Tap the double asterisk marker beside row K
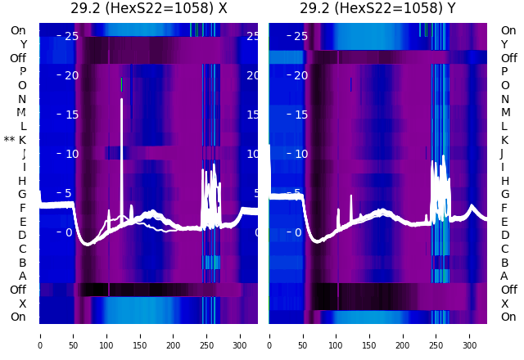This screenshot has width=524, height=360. click(9, 140)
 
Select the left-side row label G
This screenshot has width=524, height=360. click(22, 194)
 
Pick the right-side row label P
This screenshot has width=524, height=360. click(504, 71)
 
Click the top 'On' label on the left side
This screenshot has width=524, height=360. click(18, 30)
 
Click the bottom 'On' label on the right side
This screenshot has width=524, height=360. click(508, 317)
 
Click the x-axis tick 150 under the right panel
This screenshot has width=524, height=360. click(370, 335)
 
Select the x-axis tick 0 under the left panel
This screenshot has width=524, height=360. click(39, 335)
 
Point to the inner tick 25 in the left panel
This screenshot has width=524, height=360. click(70, 36)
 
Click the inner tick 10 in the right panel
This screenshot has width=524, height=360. click(300, 153)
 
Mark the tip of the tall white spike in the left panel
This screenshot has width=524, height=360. click(122, 99)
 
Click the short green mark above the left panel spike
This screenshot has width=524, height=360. click(121, 84)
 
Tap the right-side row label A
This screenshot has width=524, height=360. click(504, 276)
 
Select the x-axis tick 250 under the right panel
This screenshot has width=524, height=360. click(437, 335)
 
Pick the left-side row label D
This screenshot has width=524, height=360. click(22, 235)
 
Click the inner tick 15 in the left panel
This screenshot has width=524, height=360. click(70, 114)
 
